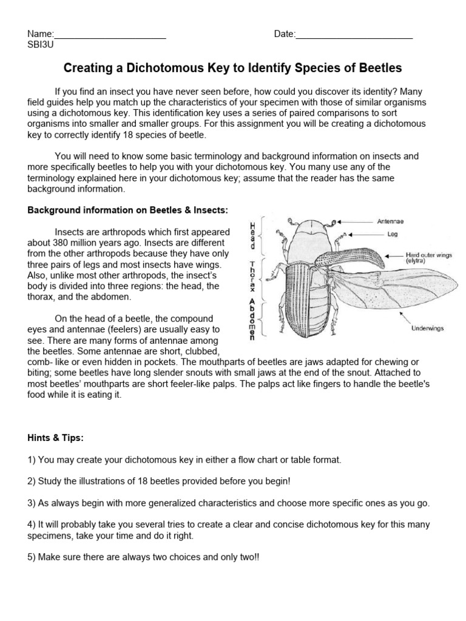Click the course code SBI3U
pyautogui.click(x=41, y=45)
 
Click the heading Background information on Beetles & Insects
pyautogui.click(x=127, y=210)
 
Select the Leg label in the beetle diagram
pyautogui.click(x=393, y=233)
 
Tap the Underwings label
pyautogui.click(x=428, y=328)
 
